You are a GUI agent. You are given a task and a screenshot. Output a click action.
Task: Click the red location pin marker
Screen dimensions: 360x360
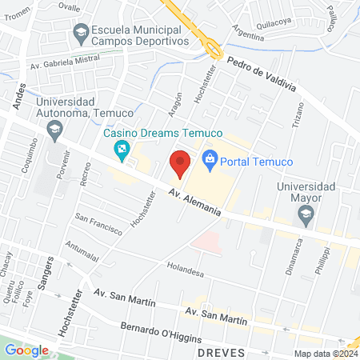coord(180,162)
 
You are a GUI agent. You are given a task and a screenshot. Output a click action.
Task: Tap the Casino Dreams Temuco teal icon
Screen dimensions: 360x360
coord(122,147)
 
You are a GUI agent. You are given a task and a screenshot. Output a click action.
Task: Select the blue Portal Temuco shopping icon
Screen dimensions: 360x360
coord(210,159)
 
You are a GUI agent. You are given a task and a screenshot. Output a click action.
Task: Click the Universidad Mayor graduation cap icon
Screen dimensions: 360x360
coord(305,214)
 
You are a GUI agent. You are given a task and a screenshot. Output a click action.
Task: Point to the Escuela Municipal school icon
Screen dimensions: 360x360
coord(80,33)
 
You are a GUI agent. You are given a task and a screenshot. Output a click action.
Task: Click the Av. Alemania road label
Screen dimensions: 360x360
coord(194,200)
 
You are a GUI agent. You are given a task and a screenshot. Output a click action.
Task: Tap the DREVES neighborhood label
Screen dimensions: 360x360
coord(222,352)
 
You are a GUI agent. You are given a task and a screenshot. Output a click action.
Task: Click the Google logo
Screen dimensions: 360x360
coord(27,350)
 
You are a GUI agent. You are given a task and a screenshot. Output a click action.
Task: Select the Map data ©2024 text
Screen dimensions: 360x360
coord(326,353)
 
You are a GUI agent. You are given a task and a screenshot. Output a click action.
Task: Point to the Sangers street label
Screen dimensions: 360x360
coord(47,271)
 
